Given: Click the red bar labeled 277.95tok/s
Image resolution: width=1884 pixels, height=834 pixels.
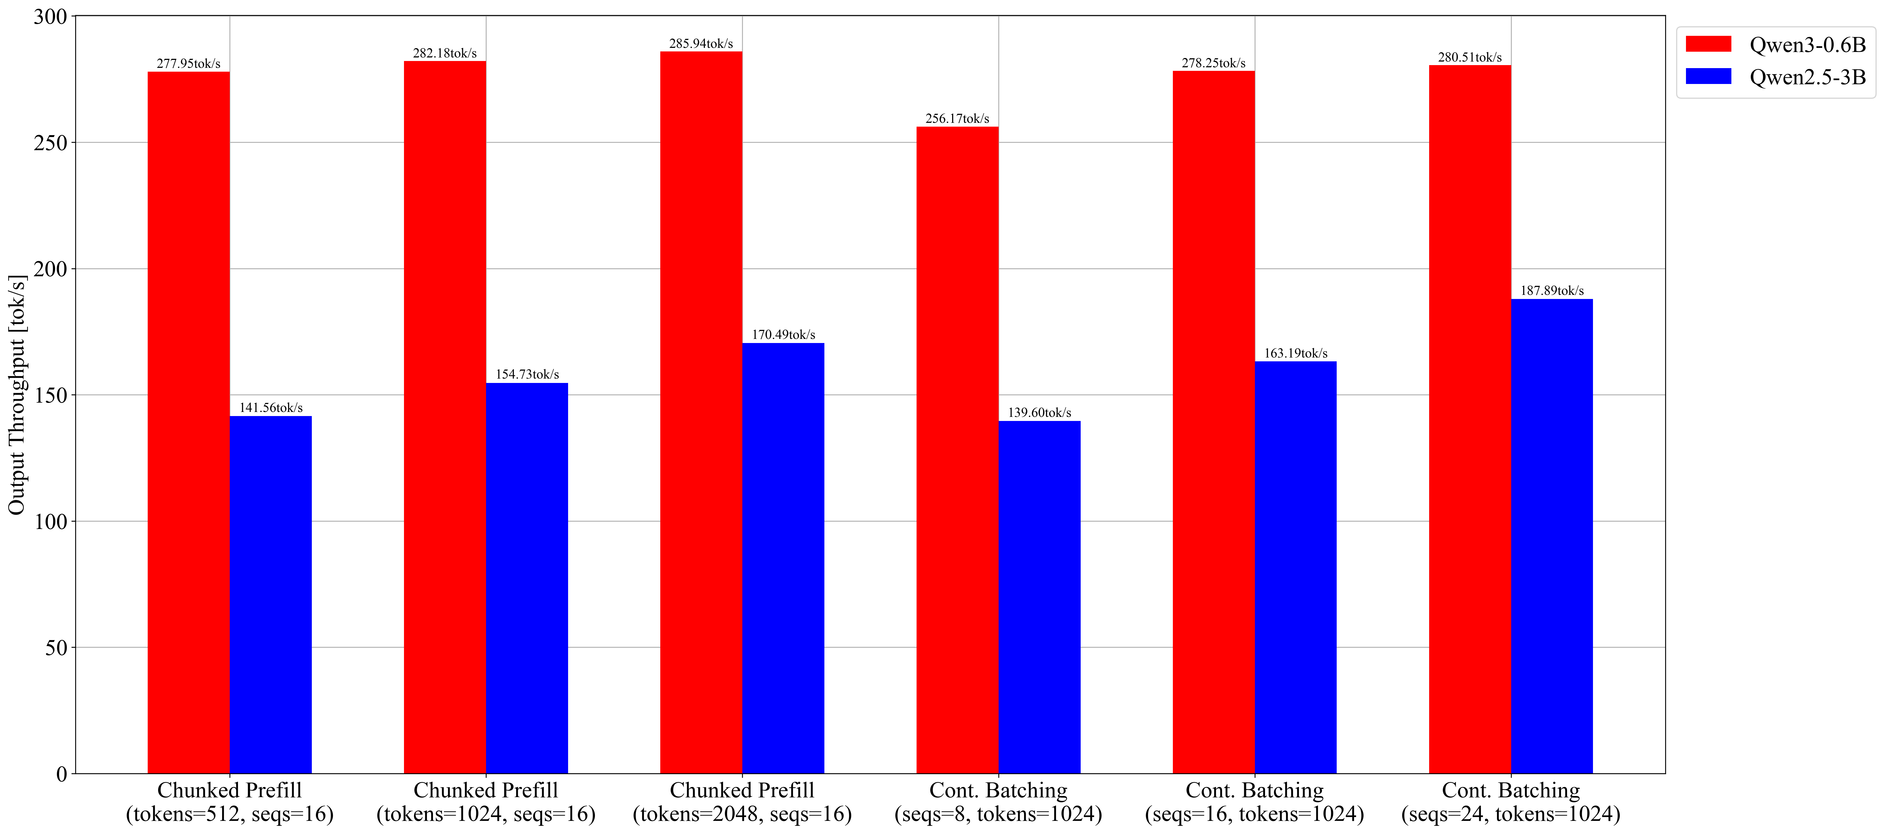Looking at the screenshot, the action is click(x=189, y=422).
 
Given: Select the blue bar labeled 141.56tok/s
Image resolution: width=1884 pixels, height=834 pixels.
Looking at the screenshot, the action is click(x=271, y=595).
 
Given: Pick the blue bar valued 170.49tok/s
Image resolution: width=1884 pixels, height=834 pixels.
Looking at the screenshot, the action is click(x=783, y=558).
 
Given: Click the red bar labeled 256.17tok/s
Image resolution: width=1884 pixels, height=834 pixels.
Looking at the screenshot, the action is click(x=957, y=450).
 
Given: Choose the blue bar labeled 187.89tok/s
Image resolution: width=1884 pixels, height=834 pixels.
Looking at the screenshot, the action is click(x=1552, y=536).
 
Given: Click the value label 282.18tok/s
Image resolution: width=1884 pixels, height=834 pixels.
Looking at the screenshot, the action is click(x=445, y=53).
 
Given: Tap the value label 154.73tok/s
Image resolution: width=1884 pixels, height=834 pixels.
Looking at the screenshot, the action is click(x=527, y=374).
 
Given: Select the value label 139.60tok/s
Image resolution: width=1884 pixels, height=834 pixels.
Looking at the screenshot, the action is click(x=1039, y=412).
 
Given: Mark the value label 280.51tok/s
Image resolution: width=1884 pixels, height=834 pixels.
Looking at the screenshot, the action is click(x=1470, y=57).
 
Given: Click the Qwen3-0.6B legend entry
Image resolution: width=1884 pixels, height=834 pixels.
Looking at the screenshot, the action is click(x=1776, y=45).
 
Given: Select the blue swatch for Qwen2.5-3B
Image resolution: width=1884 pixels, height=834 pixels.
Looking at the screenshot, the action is click(x=1708, y=76).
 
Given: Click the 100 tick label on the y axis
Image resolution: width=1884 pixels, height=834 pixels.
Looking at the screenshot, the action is click(x=50, y=522).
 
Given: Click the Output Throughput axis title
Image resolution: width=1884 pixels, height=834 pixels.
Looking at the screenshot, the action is click(x=17, y=395).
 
